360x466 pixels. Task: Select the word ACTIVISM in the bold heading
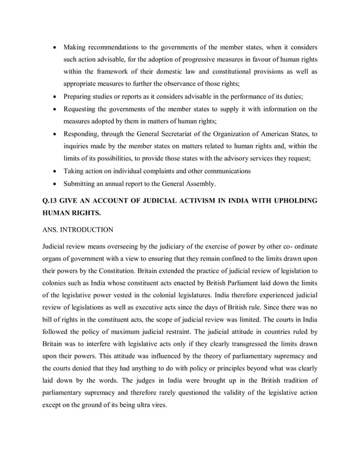[185, 201]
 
